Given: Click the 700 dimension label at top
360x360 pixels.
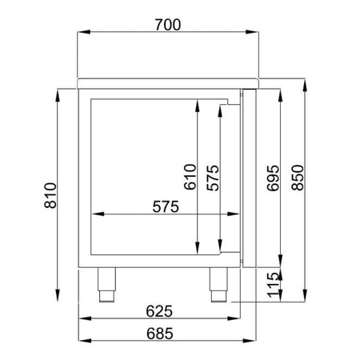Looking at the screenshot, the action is [168, 25].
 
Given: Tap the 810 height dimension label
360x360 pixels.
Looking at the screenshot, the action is [50, 195].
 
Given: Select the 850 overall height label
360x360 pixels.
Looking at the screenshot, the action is [298, 178].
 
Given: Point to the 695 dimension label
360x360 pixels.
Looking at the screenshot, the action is [273, 178].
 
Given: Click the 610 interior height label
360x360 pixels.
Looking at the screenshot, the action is [190, 177].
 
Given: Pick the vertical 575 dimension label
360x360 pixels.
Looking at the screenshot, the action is [213, 178].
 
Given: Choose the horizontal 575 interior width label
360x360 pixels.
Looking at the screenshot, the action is [166, 206].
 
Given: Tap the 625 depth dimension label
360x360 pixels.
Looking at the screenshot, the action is [159, 311].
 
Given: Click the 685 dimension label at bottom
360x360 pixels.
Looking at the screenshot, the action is [160, 334].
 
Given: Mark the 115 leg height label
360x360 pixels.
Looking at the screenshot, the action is [273, 285].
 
